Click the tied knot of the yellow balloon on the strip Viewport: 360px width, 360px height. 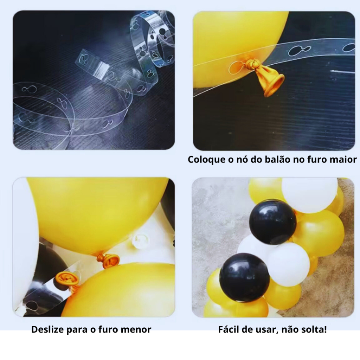(x=251, y=64)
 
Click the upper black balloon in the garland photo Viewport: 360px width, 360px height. (x=272, y=222)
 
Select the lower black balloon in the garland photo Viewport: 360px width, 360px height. (x=245, y=277)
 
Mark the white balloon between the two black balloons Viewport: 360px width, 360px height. (x=288, y=264)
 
